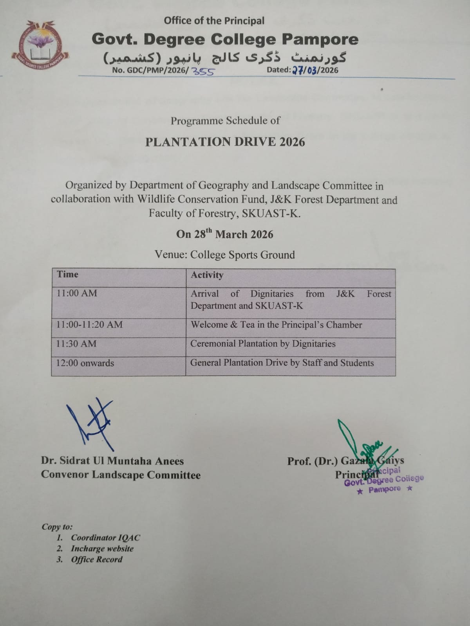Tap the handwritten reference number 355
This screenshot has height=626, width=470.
coord(202,71)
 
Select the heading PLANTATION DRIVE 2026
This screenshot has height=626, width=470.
coord(225,142)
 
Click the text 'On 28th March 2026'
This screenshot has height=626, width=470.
coord(224,234)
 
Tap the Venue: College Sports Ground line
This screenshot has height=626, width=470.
coord(224,255)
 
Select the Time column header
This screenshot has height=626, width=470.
coord(68,274)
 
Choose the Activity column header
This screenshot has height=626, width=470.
coord(207,275)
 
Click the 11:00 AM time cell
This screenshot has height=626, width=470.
coord(77,293)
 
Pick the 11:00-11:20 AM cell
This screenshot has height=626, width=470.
coord(89,324)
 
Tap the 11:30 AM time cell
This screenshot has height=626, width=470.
coord(76,344)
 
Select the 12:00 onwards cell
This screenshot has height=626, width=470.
coord(85,363)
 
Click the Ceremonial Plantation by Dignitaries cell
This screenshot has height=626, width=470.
coord(263,344)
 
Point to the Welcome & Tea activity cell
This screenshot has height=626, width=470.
coord(276,325)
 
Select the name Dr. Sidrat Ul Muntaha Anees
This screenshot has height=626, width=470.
coord(112,461)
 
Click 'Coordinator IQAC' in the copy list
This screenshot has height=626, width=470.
coord(105,538)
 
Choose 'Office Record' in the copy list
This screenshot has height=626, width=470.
coord(96,559)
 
